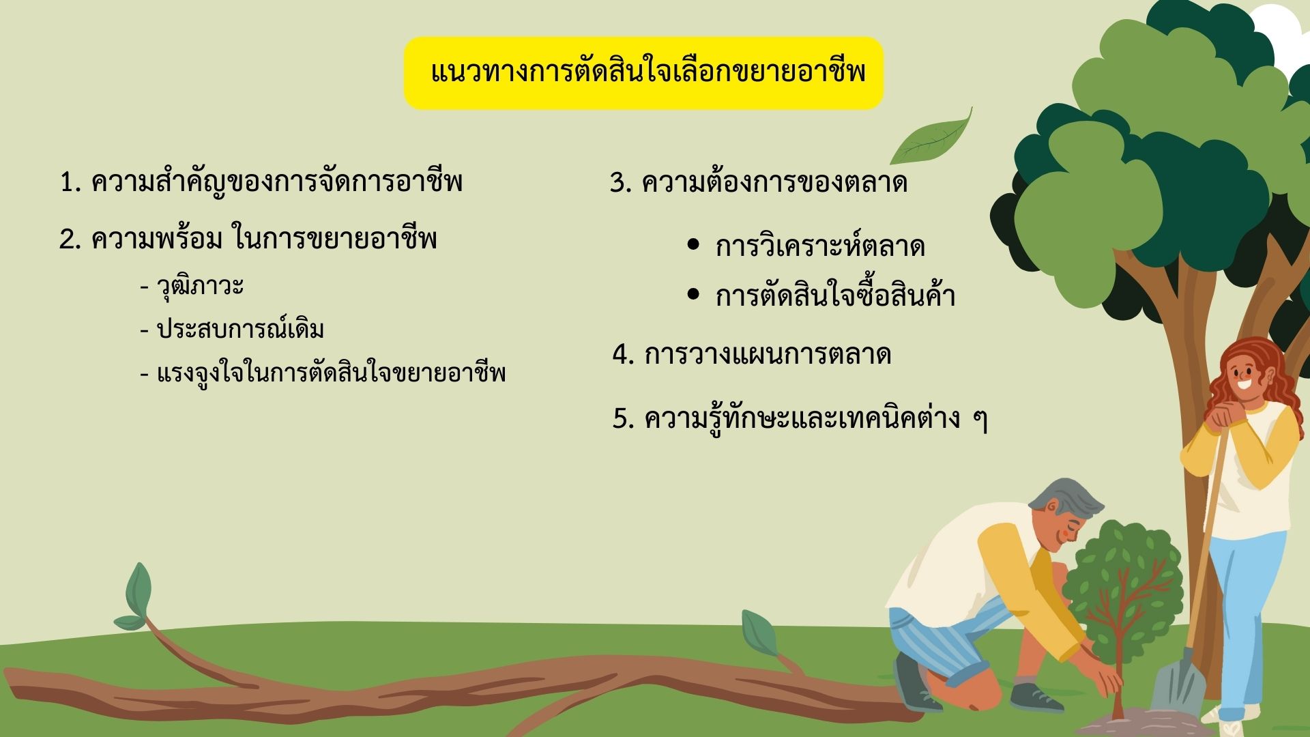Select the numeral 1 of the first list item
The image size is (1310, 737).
click(68, 183)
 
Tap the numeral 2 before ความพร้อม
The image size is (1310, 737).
click(68, 240)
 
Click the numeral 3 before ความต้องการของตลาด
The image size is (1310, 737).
click(619, 183)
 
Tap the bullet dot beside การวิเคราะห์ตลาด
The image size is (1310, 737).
click(694, 244)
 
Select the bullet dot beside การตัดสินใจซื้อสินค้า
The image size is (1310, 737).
click(694, 294)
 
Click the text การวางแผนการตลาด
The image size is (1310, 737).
click(768, 355)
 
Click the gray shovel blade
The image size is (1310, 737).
click(1179, 682)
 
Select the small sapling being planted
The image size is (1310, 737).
click(1122, 601)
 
